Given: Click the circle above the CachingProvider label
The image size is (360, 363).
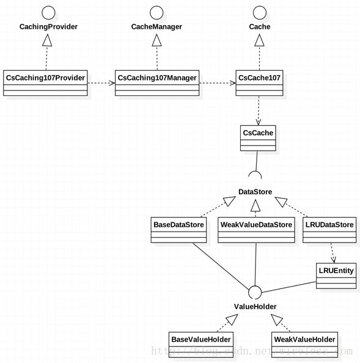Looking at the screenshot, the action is click(x=48, y=7).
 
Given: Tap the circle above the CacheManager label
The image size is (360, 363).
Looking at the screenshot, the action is click(x=156, y=7).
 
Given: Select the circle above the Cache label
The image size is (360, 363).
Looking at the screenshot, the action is click(x=260, y=7).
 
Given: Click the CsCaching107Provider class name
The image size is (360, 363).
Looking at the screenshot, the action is click(x=45, y=78).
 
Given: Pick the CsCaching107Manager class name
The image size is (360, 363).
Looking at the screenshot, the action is click(x=157, y=78).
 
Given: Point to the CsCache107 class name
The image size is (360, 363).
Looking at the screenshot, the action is click(x=259, y=78).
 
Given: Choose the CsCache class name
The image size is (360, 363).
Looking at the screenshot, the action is click(x=258, y=133).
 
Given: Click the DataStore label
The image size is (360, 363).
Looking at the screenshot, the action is click(x=255, y=192).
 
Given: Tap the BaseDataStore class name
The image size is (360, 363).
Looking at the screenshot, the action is click(x=178, y=224).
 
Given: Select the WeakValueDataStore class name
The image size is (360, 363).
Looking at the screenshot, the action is click(x=256, y=224).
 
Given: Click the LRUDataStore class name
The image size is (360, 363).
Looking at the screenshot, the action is click(x=329, y=224).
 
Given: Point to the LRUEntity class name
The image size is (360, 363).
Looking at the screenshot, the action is click(x=336, y=270).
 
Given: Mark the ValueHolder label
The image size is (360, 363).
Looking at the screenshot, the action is click(x=255, y=307).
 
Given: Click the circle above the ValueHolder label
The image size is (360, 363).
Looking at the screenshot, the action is click(x=255, y=286).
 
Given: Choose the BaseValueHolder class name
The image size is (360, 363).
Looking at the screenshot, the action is click(x=201, y=339).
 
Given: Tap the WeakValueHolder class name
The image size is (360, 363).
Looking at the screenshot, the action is click(x=304, y=339).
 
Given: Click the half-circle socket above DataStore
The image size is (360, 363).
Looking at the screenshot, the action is click(x=255, y=172).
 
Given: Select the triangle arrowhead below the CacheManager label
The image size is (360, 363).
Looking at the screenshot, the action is click(x=156, y=40).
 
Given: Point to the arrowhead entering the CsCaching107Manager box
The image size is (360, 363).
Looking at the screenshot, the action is click(x=112, y=83).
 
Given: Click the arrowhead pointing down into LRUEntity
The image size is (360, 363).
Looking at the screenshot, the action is click(x=334, y=260).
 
